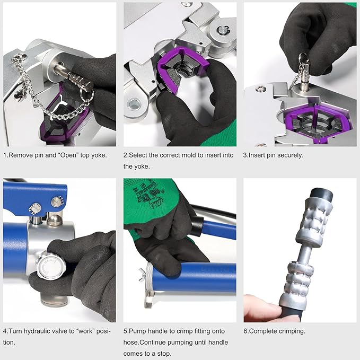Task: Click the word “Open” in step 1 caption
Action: point(69,155)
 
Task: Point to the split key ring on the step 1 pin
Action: point(87,94)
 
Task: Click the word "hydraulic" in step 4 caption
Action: point(37,331)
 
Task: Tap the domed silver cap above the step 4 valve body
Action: point(54,220)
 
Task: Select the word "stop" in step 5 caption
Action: point(164,354)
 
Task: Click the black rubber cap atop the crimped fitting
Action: point(321,195)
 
